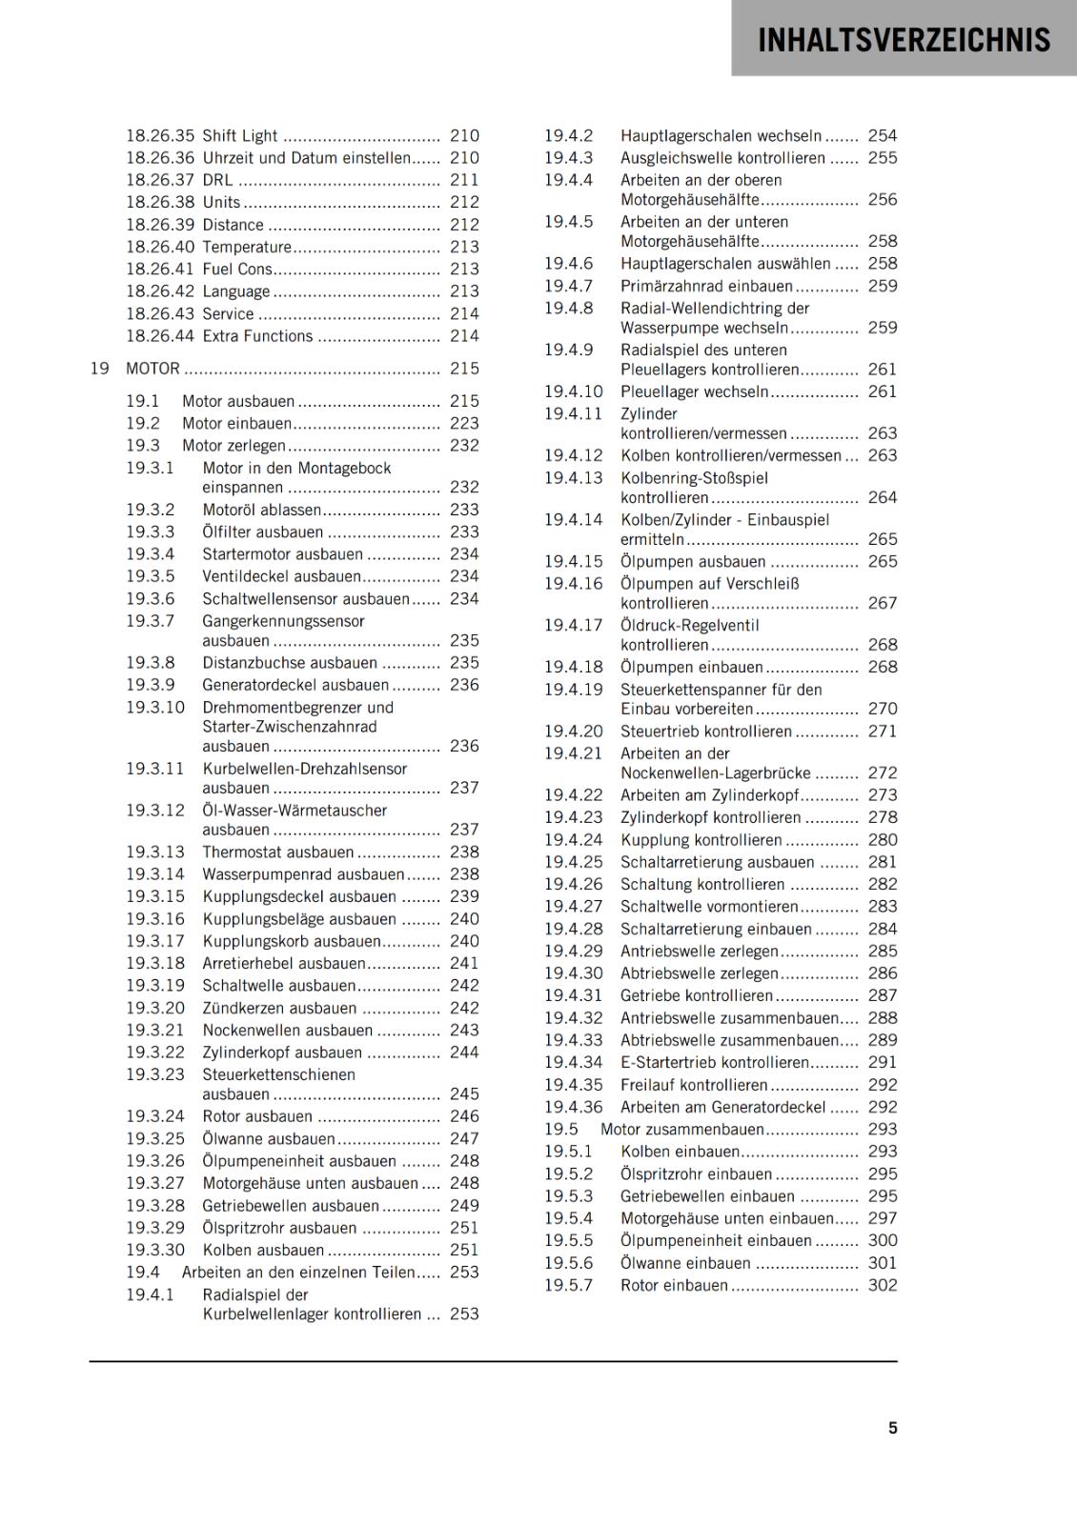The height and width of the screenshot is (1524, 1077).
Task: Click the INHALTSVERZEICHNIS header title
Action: click(x=904, y=40)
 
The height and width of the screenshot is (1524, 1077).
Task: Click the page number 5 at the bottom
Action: click(x=892, y=1428)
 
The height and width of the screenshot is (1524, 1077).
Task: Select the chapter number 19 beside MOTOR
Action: click(x=99, y=369)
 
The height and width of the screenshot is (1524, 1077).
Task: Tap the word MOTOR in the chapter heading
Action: click(x=152, y=369)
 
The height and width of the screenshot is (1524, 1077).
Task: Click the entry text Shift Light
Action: click(x=240, y=136)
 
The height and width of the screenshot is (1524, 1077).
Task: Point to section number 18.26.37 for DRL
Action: click(x=159, y=180)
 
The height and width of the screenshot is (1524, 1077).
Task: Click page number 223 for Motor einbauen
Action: click(x=464, y=423)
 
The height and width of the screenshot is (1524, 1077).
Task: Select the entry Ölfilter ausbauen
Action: click(x=262, y=532)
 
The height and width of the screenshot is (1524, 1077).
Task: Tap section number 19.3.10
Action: click(x=155, y=708)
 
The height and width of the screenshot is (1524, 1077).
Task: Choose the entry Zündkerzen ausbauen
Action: click(x=279, y=1008)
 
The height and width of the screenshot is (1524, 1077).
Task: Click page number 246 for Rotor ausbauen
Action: click(x=464, y=1116)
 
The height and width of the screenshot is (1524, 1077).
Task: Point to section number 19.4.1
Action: click(x=151, y=1294)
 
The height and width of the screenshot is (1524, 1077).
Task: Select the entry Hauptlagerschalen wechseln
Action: click(x=721, y=136)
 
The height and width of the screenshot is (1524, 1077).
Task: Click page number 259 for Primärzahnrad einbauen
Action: click(x=882, y=286)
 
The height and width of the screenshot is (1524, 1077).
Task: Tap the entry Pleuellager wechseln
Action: click(x=694, y=391)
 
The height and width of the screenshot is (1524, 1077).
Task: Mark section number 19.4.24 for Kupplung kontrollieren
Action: click(x=573, y=840)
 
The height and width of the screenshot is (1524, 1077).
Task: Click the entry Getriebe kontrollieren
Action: click(x=697, y=995)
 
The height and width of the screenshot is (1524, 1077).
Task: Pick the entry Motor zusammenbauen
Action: click(x=681, y=1129)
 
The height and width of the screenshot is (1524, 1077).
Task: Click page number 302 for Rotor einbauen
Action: click(x=882, y=1285)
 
